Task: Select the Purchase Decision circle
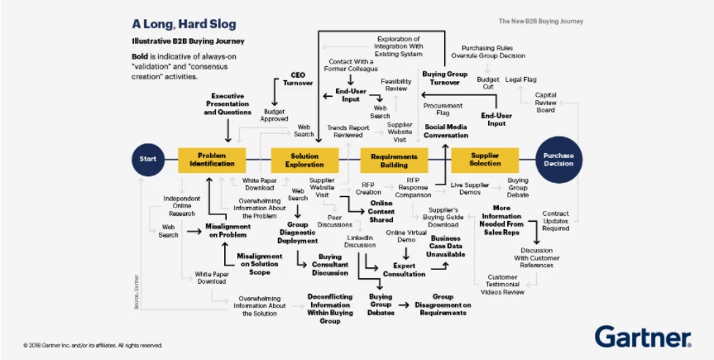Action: click(x=559, y=159)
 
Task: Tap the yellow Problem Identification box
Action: click(x=213, y=159)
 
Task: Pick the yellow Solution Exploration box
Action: click(x=304, y=159)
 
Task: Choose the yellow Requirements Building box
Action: click(x=395, y=159)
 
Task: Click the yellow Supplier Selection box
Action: click(x=485, y=159)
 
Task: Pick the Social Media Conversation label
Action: click(x=446, y=131)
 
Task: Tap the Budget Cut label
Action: click(x=489, y=83)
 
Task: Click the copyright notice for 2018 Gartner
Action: click(x=93, y=344)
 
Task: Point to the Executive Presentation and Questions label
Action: click(x=228, y=104)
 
